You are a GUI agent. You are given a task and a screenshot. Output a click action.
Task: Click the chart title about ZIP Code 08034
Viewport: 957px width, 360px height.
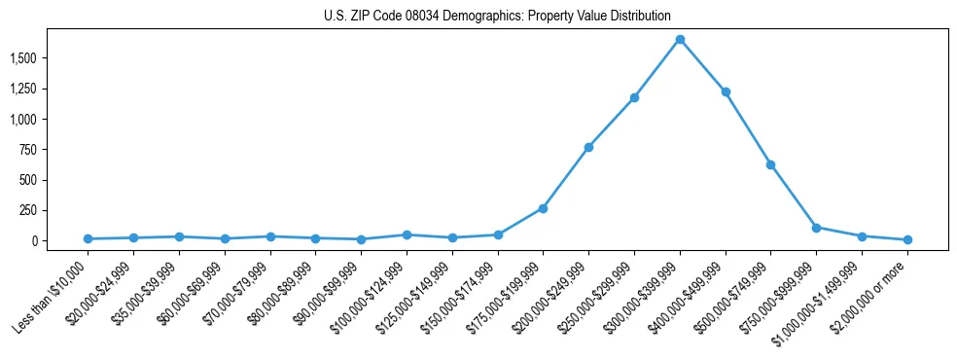[497, 17]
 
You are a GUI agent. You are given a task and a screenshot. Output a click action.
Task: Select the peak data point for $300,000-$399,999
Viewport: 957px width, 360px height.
[680, 40]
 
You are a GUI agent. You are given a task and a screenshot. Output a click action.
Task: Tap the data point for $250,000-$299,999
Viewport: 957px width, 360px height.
[634, 97]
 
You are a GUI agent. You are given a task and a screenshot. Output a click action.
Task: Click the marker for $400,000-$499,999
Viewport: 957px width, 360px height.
[726, 91]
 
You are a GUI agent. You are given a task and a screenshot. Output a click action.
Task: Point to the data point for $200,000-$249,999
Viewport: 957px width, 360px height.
[588, 147]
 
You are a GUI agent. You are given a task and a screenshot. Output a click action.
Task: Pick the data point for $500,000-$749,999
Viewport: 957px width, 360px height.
[770, 164]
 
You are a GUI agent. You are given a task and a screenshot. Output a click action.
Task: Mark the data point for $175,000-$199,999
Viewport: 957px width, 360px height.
[543, 208]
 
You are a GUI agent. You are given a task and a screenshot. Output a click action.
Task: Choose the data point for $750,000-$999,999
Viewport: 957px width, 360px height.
[816, 228]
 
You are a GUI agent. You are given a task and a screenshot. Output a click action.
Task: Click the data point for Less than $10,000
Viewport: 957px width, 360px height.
[89, 238]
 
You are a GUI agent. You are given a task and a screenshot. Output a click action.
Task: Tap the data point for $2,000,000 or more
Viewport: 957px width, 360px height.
[907, 239]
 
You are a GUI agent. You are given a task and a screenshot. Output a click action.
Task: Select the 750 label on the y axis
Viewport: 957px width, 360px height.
[28, 150]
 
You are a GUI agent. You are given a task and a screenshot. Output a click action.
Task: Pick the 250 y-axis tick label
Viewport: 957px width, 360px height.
[28, 210]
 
